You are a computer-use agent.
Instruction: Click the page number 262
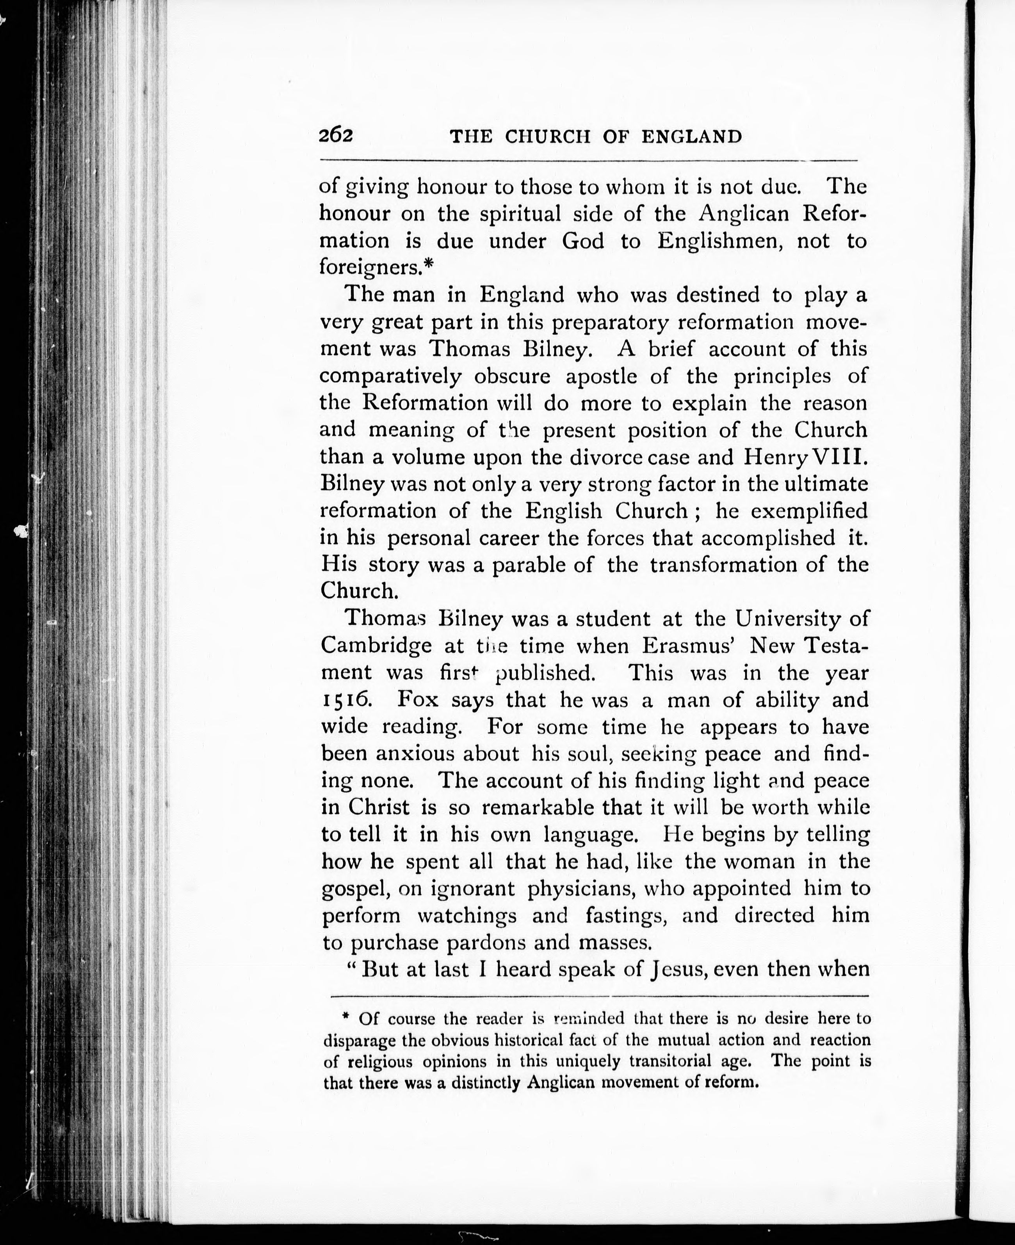click(x=336, y=136)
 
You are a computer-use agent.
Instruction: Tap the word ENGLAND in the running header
click(x=692, y=137)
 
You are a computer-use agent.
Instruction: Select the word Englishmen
click(x=719, y=241)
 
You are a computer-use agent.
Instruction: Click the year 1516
click(x=344, y=699)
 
